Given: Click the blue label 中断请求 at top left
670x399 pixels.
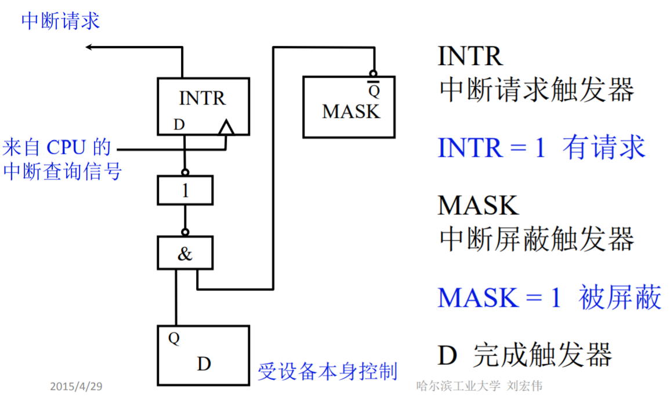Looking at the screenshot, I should pyautogui.click(x=60, y=21).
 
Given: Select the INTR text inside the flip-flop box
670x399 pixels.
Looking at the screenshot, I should pyautogui.click(x=202, y=98).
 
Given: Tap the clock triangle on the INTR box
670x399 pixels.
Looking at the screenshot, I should pyautogui.click(x=226, y=127).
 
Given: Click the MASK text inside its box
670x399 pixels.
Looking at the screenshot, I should pyautogui.click(x=350, y=112).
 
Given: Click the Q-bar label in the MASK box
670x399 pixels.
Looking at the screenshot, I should pyautogui.click(x=375, y=91).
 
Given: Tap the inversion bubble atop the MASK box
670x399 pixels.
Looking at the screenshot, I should pyautogui.click(x=375, y=74).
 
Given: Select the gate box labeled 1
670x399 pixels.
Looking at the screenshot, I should pyautogui.click(x=185, y=190).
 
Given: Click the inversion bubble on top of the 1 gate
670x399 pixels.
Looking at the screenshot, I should pyautogui.click(x=185, y=172).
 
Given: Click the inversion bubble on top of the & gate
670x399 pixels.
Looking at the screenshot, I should pyautogui.click(x=185, y=233).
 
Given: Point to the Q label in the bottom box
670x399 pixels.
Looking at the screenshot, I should pyautogui.click(x=174, y=338).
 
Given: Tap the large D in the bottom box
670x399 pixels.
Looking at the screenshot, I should pyautogui.click(x=204, y=364).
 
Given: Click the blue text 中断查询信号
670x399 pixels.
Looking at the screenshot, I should pyautogui.click(x=63, y=171).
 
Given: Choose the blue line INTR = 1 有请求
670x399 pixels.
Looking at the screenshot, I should pyautogui.click(x=541, y=148).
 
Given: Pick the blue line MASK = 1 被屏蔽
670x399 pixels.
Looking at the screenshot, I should pyautogui.click(x=549, y=298).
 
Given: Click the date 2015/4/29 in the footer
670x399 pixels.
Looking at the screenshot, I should pyautogui.click(x=76, y=386).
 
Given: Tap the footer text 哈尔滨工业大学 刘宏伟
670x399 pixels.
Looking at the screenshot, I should pyautogui.click(x=479, y=386).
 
